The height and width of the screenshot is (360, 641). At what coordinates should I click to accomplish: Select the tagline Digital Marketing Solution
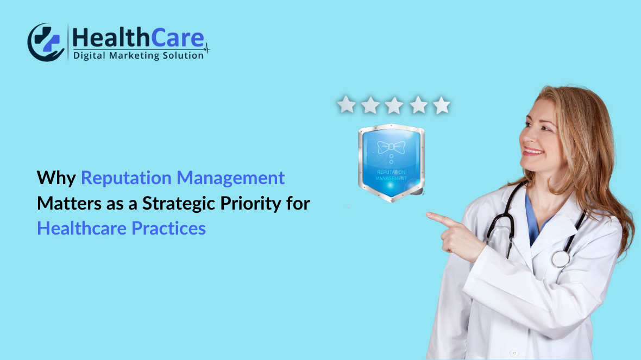[x=138, y=55]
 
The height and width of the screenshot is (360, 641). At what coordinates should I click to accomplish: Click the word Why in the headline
[x=56, y=178]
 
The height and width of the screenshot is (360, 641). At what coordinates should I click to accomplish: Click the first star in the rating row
[x=345, y=104]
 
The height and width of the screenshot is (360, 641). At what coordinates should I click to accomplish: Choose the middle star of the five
[x=393, y=104]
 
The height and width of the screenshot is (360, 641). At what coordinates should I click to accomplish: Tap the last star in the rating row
[x=441, y=104]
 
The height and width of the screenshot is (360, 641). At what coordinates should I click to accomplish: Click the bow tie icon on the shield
[x=391, y=147]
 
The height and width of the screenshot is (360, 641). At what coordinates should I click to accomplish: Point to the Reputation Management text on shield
[x=391, y=175]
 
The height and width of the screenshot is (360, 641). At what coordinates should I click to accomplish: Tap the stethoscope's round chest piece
[x=561, y=258]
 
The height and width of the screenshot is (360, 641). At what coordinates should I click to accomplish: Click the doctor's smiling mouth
[x=533, y=151]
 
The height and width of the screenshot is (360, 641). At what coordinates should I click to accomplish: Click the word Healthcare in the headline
[x=81, y=228]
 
